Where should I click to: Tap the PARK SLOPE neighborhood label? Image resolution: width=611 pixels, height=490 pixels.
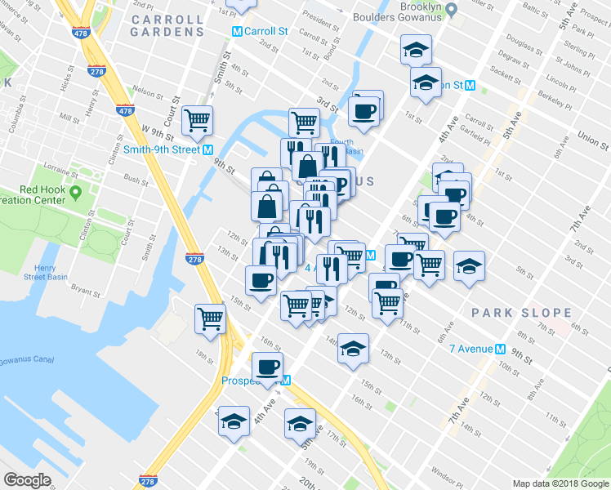tap(520, 313)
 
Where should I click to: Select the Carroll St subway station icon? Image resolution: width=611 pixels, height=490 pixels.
tap(237, 32)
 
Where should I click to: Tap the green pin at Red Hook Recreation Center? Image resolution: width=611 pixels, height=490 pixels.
tap(76, 193)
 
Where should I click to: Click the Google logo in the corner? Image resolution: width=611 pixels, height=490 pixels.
tap(27, 480)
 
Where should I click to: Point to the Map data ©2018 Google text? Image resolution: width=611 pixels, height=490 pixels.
tap(560, 483)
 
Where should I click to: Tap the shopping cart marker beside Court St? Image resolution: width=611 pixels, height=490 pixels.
tap(198, 121)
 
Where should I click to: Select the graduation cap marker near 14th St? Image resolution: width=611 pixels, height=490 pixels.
tap(353, 348)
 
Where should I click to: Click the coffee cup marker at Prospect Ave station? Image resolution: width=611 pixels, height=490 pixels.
tap(267, 367)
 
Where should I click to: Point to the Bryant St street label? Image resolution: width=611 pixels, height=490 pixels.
tap(84, 287)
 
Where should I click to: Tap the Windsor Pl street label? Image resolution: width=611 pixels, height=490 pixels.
tap(447, 472)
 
